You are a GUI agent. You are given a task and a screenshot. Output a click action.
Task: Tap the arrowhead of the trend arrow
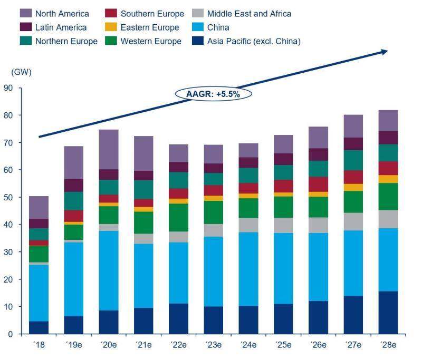384,51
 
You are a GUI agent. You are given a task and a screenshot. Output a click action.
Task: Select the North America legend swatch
25,14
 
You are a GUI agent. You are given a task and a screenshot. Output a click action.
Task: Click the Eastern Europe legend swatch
111,27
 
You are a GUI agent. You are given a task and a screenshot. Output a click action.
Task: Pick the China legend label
218,27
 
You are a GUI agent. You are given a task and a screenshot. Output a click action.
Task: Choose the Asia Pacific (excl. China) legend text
253,41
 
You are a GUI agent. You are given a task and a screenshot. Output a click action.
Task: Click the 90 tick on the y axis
8,88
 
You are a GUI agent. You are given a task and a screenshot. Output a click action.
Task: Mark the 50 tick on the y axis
8,197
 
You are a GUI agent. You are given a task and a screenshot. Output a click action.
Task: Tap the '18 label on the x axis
39,346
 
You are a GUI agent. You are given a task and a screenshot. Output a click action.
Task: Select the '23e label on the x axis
213,346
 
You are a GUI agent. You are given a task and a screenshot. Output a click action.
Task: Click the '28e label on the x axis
388,346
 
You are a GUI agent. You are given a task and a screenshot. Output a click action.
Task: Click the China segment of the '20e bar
108,271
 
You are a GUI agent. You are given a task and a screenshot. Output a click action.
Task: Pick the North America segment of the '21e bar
143,153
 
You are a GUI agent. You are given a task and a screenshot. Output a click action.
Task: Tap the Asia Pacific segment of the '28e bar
388,313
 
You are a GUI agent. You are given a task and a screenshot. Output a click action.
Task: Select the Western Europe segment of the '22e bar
178,218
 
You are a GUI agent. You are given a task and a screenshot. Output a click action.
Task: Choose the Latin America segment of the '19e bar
73,186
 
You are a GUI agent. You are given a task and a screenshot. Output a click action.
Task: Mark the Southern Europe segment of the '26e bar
318,184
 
